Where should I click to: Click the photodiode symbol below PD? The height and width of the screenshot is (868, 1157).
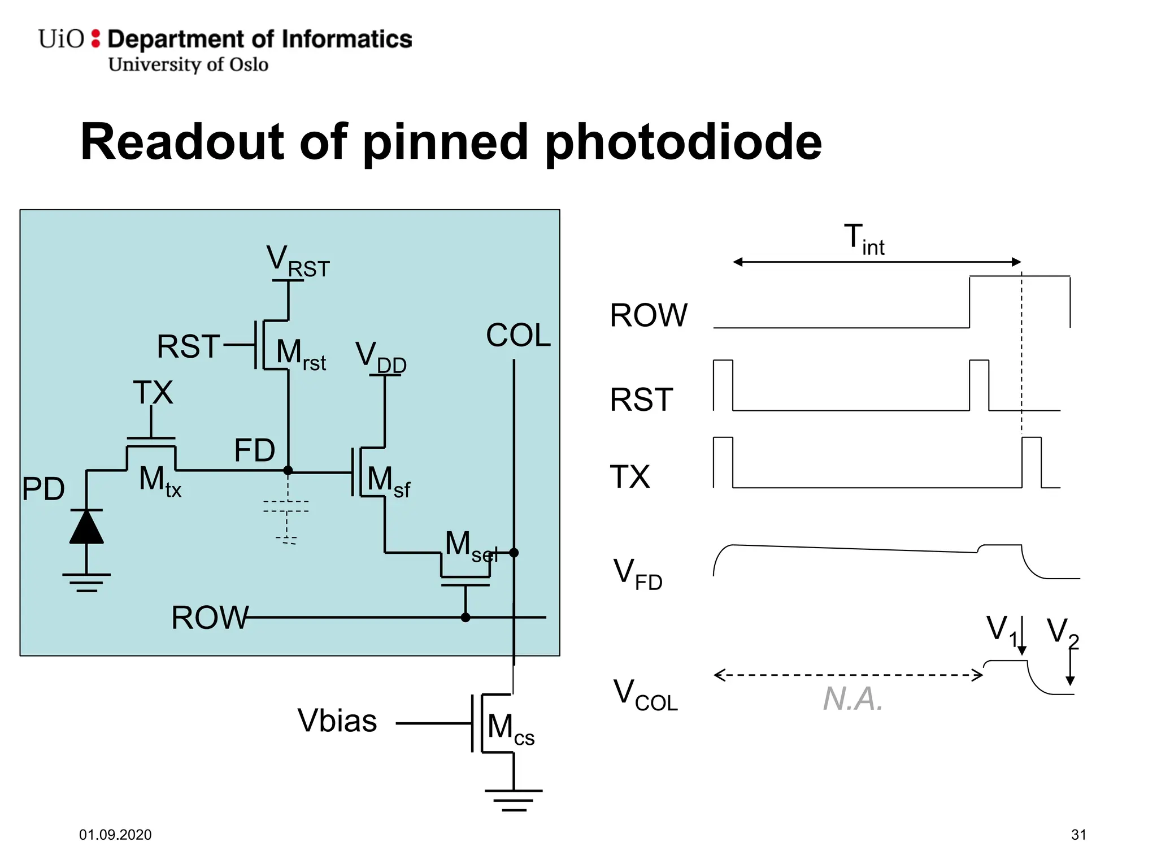tap(86, 527)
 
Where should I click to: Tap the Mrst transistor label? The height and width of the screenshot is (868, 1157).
tap(301, 354)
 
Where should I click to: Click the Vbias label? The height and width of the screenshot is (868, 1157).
tap(337, 721)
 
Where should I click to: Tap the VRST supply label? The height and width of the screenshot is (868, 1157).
tap(298, 262)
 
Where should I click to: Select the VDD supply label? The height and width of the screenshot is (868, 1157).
tap(381, 358)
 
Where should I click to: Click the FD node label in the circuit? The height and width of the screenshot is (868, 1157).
tap(255, 450)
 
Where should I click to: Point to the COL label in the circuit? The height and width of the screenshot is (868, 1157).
tap(518, 335)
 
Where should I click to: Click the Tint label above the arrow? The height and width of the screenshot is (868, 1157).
tap(864, 239)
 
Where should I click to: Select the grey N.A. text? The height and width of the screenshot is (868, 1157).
tap(852, 699)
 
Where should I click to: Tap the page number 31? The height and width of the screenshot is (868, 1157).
tap(1078, 835)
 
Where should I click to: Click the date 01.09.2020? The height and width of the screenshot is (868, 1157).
tap(115, 835)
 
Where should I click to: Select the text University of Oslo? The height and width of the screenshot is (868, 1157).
tap(188, 64)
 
